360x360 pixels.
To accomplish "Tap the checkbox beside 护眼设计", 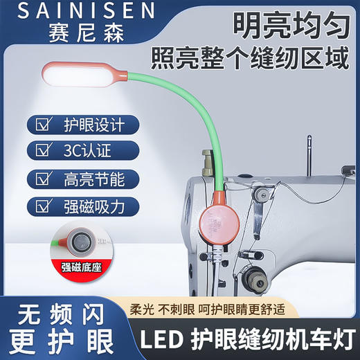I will pos(44,125).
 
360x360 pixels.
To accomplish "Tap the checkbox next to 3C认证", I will pos(44,150).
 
